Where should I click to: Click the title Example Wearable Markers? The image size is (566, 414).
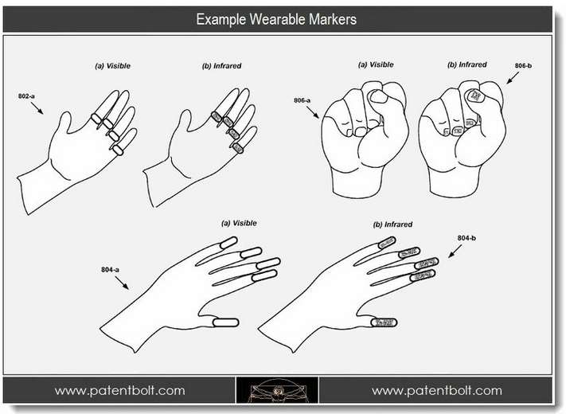coord(276,19)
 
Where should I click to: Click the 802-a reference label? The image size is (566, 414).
coord(26,96)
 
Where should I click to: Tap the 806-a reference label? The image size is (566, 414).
coord(302,100)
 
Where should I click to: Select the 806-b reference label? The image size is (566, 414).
coord(523,66)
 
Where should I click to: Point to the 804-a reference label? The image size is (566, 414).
coord(110,270)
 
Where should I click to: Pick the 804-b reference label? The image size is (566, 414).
coord(466,238)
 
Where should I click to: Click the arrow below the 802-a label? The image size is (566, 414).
coord(37,108)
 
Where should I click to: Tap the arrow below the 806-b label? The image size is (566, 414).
coord(512,78)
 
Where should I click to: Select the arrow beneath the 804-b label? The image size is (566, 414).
coord(455,252)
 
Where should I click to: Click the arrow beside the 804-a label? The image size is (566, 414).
coord(122,283)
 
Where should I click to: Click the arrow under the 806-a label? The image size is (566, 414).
coord(313,112)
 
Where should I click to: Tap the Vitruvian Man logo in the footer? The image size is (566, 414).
coord(277,390)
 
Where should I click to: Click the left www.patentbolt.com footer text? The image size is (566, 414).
coord(119,390)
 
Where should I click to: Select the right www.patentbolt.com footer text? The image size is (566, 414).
coord(437,390)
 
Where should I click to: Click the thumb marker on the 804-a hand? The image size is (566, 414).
coord(226,322)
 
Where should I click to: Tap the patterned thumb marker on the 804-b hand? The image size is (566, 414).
coord(384,322)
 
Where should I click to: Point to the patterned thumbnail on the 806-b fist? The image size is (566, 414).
coord(475,96)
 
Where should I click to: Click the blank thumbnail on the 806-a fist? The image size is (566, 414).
coord(379,96)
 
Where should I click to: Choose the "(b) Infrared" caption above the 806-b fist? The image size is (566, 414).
coord(466,64)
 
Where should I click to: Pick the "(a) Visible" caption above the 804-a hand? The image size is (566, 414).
coord(239,223)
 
